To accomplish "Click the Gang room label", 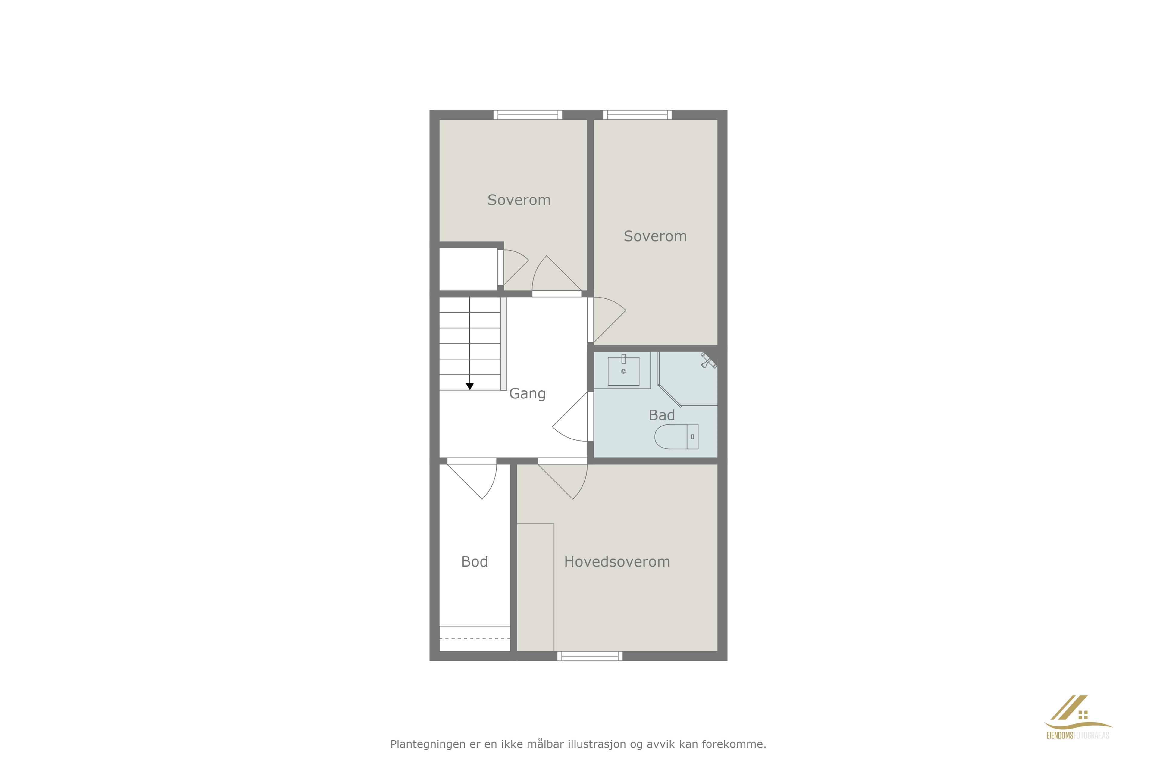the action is point(527,394).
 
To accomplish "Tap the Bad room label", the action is point(662,415).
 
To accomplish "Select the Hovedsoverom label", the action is point(617,561).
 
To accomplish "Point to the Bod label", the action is point(474,561).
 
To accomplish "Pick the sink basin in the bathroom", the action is point(623,371).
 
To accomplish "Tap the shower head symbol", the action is point(708,361).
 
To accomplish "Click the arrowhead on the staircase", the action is point(470,386).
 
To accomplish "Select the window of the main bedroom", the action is point(590,656).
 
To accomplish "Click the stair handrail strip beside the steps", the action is point(504,344).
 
